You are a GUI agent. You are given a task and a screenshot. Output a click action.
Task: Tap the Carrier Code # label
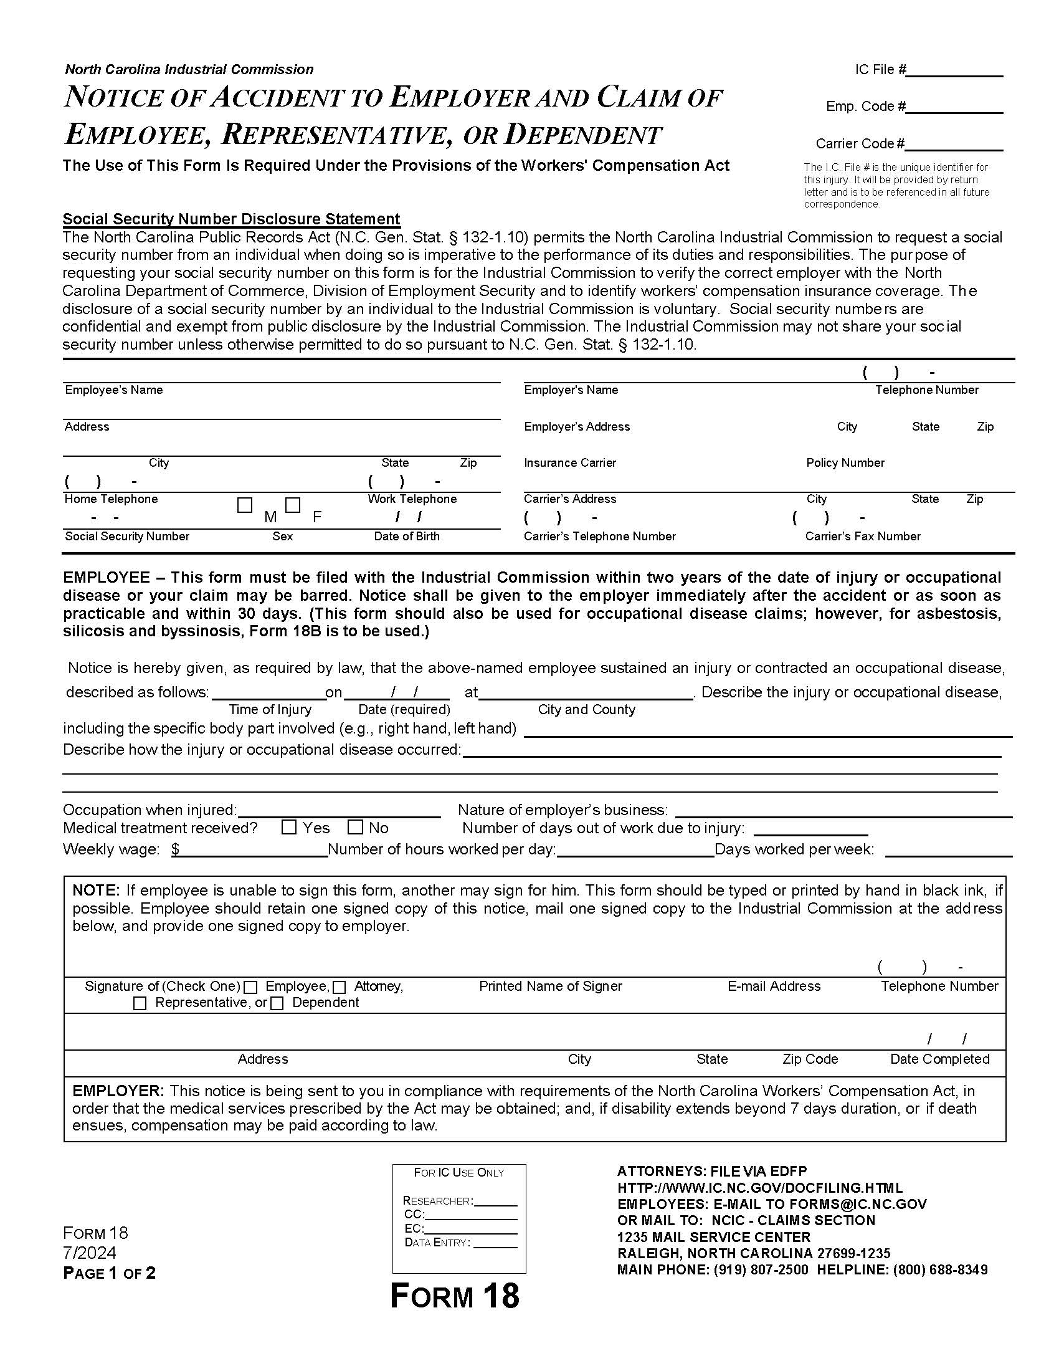[x=860, y=144]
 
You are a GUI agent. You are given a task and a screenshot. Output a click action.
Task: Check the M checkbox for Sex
[x=245, y=505]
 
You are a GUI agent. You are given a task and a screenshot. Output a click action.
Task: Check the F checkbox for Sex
[x=293, y=505]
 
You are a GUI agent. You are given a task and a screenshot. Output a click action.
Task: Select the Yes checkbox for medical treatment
[x=289, y=828]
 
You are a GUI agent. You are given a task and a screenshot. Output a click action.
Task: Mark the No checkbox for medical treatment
[x=355, y=828]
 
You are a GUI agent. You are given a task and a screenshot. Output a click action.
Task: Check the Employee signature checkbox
[x=250, y=988]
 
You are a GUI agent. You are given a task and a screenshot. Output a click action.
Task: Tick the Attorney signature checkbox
[x=340, y=988]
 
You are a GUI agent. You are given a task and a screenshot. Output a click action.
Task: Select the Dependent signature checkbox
[x=277, y=1004]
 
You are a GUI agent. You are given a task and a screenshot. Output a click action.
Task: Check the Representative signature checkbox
[x=140, y=1004]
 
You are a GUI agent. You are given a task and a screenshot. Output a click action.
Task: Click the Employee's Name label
[x=113, y=390]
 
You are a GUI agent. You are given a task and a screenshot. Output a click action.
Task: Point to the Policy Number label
[x=845, y=462]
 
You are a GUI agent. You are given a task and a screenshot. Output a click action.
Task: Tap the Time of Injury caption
[x=270, y=709]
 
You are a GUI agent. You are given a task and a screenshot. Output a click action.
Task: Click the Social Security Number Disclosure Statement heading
[x=231, y=219]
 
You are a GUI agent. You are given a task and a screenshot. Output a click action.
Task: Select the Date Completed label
[x=939, y=1059]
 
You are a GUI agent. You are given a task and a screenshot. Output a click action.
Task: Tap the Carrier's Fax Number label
[x=863, y=536]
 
